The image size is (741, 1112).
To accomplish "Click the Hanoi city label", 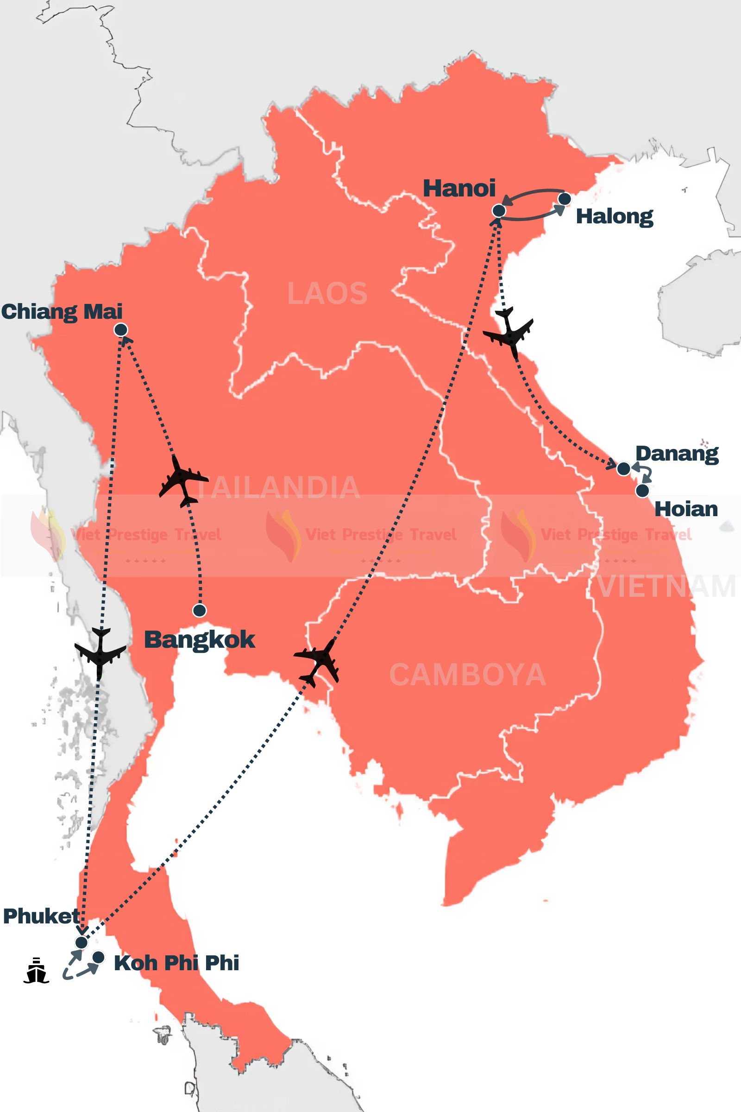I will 459,188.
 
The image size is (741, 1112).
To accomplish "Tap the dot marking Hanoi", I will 499,210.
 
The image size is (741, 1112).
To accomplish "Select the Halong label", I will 615,216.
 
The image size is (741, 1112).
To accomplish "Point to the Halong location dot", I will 564,199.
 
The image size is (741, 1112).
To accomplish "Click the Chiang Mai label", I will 62,311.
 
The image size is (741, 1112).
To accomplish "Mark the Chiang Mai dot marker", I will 121,329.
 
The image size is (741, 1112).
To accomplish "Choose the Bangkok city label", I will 200,640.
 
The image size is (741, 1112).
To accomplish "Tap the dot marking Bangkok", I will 200,610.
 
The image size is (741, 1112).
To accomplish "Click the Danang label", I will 677,454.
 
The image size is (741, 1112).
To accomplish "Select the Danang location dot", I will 623,468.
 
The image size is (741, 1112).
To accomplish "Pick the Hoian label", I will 686,509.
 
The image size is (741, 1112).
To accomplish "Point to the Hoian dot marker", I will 642,491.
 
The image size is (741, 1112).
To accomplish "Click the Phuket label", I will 41,916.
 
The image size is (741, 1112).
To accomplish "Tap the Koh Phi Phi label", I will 177,963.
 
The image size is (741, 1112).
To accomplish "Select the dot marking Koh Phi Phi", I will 98,957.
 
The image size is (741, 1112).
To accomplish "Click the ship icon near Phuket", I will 37,971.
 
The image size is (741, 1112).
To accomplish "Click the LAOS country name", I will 327,294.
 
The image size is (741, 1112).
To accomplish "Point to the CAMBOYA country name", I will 467,675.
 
